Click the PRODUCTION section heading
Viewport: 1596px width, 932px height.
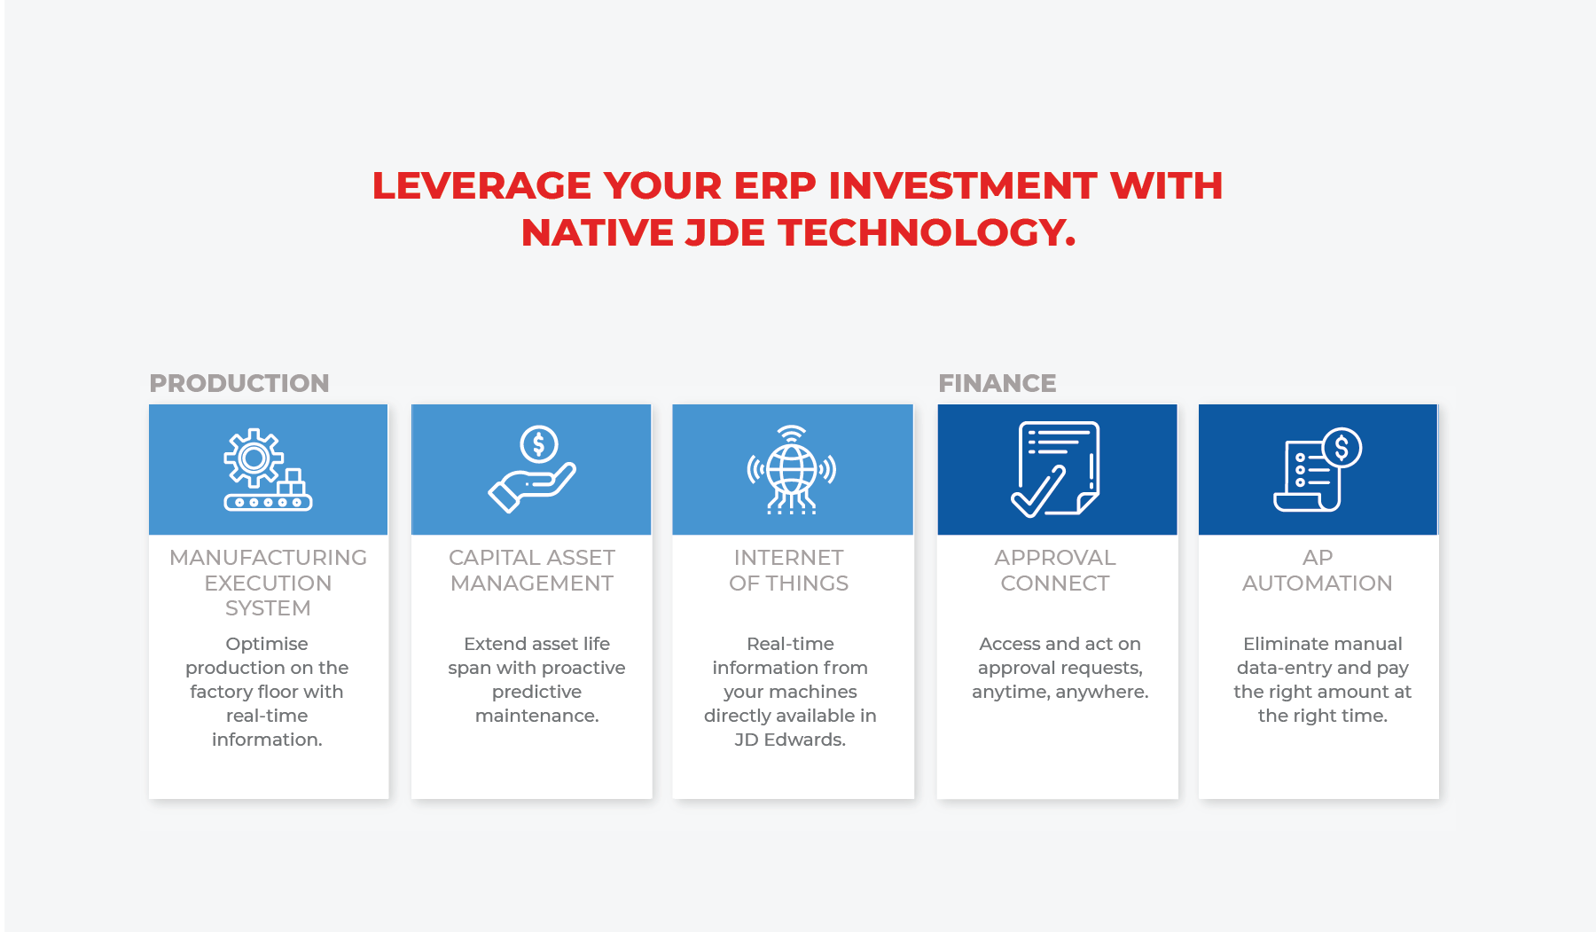[x=239, y=383]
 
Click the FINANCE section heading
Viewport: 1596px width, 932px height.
[x=997, y=383]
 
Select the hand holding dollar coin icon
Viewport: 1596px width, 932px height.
[x=532, y=469]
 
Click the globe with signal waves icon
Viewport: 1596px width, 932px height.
[x=792, y=470]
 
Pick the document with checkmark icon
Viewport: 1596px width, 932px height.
[x=1056, y=469]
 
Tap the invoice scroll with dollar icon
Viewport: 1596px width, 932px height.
[x=1318, y=470]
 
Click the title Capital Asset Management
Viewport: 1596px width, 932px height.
[x=532, y=570]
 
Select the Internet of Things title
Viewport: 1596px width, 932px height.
[x=789, y=570]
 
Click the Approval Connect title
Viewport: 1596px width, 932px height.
[x=1055, y=570]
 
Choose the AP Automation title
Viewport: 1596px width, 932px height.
[x=1318, y=570]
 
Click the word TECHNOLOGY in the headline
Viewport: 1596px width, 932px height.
[x=927, y=233]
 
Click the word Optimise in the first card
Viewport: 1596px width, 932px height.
[x=267, y=645]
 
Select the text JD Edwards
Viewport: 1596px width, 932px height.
[x=790, y=740]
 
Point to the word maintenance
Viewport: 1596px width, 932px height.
[x=536, y=716]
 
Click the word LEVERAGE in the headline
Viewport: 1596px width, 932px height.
[x=481, y=186]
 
